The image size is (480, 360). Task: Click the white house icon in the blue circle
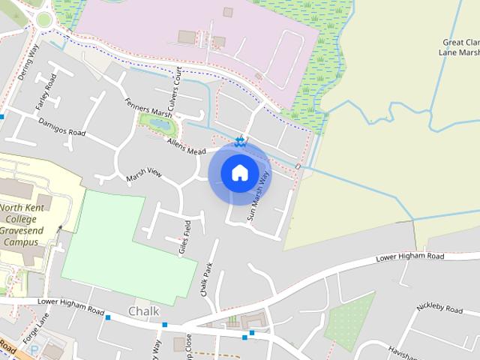pyautogui.click(x=239, y=173)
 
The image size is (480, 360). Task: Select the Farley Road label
pyautogui.click(x=46, y=92)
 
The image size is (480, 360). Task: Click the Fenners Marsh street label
pyautogui.click(x=148, y=109)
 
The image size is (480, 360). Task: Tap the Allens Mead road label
pyautogui.click(x=186, y=146)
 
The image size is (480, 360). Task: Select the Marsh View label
pyautogui.click(x=144, y=174)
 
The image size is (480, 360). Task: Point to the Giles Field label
pyautogui.click(x=185, y=238)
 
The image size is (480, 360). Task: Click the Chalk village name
pyautogui.click(x=144, y=310)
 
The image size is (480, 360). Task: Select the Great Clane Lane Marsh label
pyautogui.click(x=460, y=48)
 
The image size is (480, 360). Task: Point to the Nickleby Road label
pyautogui.click(x=442, y=309)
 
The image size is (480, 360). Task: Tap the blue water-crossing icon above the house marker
pyautogui.click(x=239, y=140)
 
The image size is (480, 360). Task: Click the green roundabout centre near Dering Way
pyautogui.click(x=43, y=19)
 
